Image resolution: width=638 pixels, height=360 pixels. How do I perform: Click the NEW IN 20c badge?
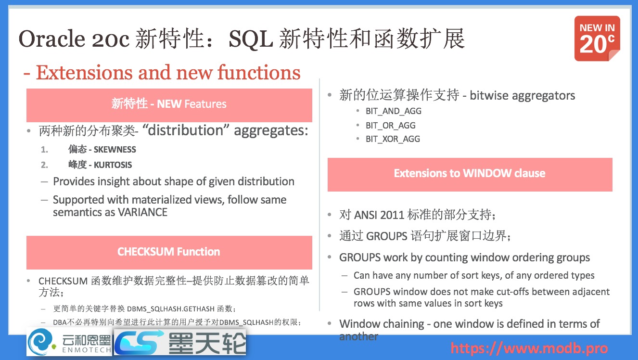[597, 39]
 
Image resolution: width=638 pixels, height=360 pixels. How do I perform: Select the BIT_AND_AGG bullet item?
[393, 111]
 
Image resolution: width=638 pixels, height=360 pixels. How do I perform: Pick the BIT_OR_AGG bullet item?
[390, 126]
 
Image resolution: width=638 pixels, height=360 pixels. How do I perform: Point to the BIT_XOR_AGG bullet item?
[393, 139]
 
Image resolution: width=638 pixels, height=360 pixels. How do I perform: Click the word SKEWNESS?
[115, 150]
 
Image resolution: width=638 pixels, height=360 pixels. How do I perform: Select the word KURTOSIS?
[113, 165]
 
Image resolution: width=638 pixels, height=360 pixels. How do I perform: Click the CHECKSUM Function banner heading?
[168, 252]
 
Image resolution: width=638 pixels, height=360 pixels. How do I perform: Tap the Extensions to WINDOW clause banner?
[469, 173]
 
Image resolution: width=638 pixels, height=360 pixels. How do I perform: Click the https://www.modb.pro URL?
[529, 348]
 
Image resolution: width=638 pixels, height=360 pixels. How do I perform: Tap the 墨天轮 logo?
[180, 342]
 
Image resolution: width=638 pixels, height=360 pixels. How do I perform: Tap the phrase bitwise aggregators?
[523, 95]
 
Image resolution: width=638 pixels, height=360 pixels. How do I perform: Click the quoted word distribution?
[183, 130]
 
